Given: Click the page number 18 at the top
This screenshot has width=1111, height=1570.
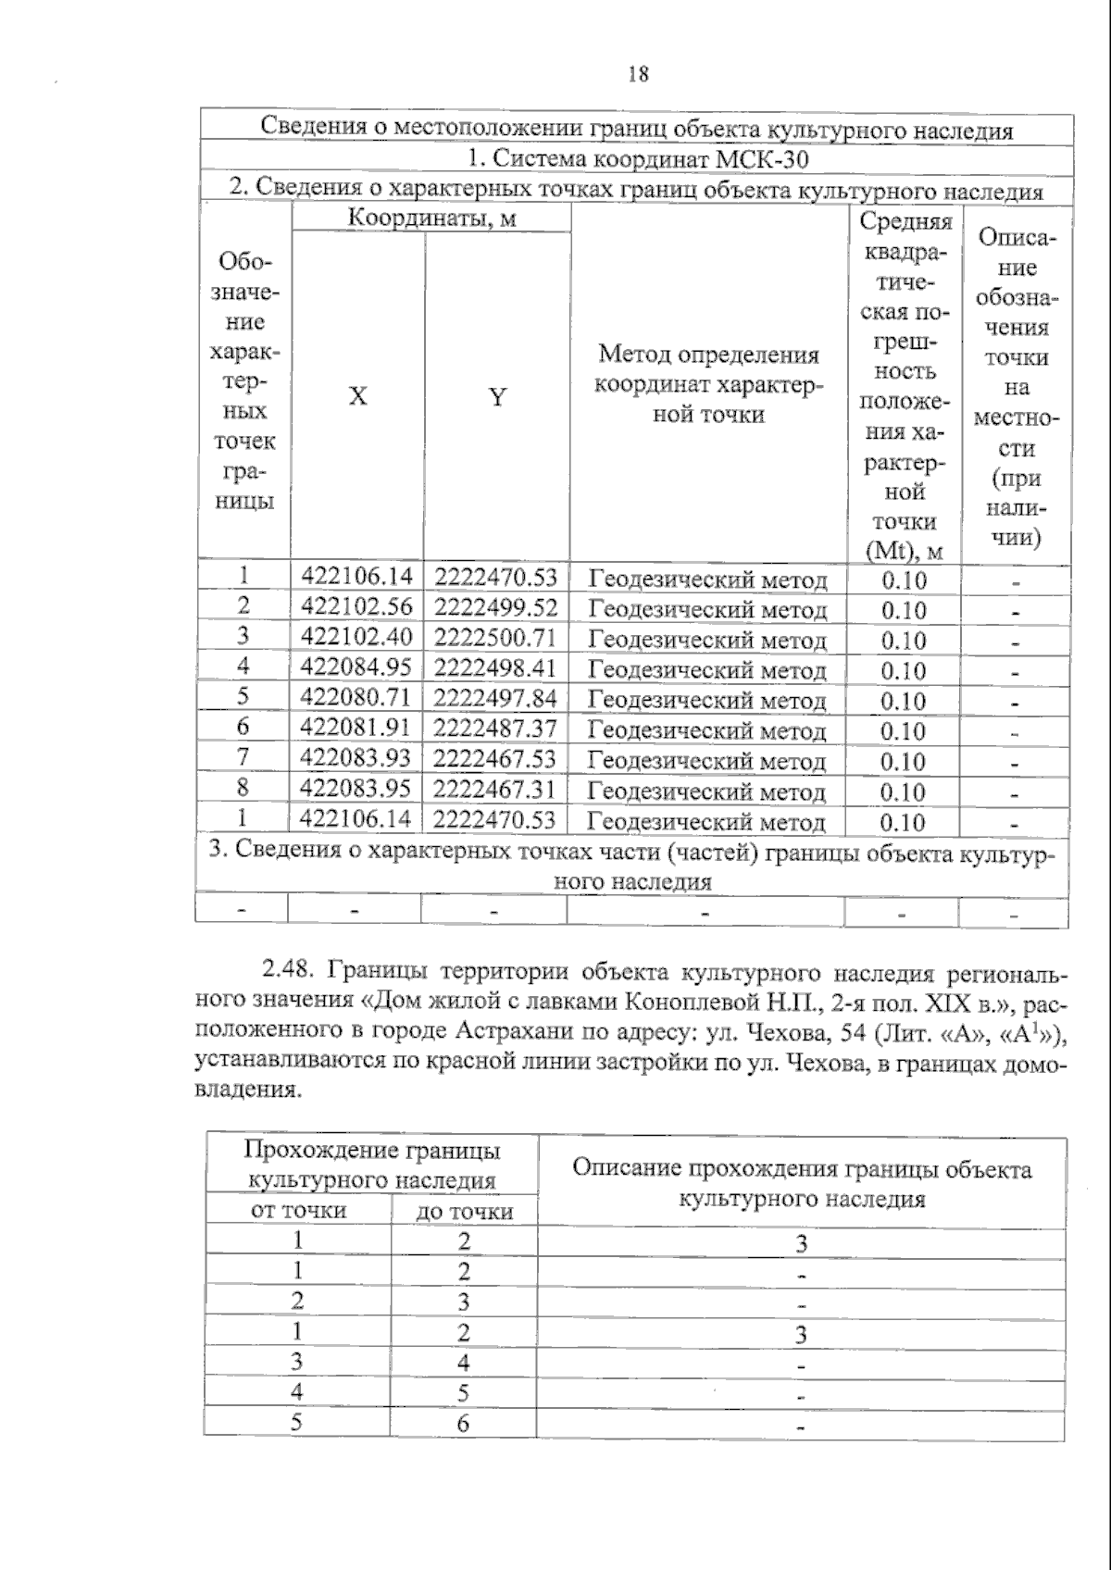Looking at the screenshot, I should (638, 74).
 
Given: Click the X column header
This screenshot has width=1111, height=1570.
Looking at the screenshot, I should (357, 396).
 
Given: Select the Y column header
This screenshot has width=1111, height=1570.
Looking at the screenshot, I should (497, 397).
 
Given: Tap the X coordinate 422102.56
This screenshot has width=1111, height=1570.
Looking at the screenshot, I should (356, 607).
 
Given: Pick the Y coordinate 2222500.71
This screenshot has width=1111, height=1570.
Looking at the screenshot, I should (495, 638).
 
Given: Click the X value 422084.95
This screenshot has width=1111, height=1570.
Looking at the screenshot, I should (356, 667).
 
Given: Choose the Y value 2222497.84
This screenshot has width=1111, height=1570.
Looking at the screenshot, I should (495, 698).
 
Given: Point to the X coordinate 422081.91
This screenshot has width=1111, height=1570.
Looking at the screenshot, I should (356, 729).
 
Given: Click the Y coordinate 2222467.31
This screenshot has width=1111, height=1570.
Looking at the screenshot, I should (495, 790).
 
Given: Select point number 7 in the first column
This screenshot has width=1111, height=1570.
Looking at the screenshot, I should (243, 757).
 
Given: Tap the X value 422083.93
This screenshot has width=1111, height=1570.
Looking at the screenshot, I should (356, 759).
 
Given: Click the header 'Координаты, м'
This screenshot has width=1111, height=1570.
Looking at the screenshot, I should (431, 218).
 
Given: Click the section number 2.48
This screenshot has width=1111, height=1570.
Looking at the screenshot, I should (291, 972).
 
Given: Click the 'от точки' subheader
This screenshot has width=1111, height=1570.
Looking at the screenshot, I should (299, 1211).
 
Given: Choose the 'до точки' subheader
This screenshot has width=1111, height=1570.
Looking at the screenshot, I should (464, 1212).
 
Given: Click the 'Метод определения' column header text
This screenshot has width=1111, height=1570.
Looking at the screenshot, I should (708, 355).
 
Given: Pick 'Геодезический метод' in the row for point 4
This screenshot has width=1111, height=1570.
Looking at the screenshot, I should (707, 669).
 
